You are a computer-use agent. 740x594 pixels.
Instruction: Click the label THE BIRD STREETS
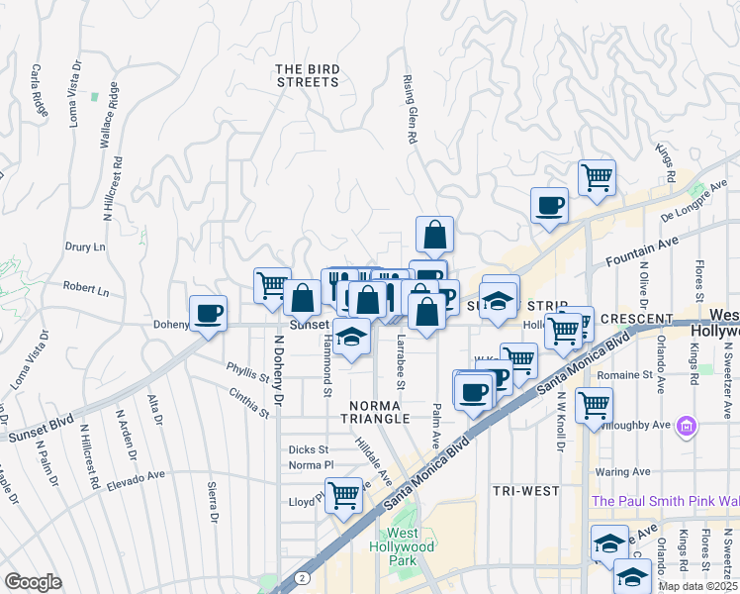pos(308,75)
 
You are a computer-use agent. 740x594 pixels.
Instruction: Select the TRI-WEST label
pos(525,490)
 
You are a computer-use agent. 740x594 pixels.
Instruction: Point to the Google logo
pos(33,582)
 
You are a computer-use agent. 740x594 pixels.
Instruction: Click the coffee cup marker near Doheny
pos(208,314)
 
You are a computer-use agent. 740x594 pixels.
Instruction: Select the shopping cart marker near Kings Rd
pos(597,178)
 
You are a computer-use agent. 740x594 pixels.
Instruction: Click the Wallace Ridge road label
pos(110,117)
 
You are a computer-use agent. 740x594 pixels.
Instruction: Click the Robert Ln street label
pos(86,290)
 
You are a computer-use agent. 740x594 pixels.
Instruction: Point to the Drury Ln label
pos(85,247)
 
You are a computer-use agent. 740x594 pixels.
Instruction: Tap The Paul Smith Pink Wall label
pos(665,501)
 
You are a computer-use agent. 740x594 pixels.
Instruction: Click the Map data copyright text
pos(698,586)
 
